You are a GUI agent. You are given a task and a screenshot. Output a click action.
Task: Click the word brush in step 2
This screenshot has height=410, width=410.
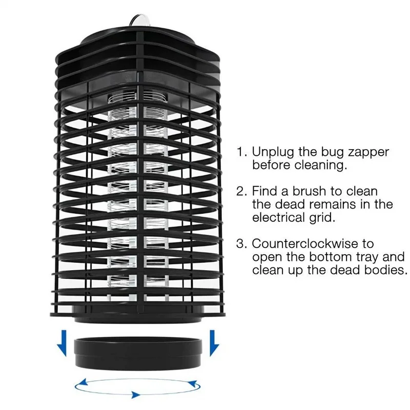click(x=309, y=192)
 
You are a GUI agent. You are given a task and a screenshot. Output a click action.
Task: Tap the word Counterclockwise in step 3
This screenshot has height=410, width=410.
click(x=313, y=243)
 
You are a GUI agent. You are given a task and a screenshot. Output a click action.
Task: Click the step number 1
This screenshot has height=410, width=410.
click(x=240, y=152)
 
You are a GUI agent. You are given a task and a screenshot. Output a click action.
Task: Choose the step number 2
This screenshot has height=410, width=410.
click(x=241, y=192)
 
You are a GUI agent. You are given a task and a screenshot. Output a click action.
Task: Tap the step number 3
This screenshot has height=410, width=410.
click(x=241, y=243)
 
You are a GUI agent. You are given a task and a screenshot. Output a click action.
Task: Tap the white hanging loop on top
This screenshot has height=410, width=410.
click(x=139, y=19)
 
